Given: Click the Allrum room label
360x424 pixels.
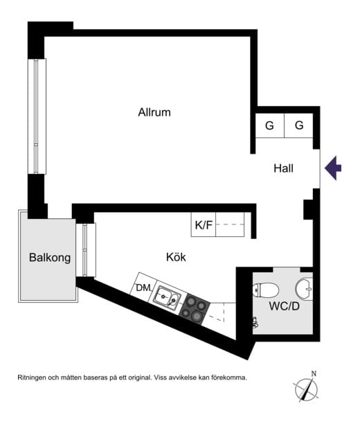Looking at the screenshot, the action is coord(154,112).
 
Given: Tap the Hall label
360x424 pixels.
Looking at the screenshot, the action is coord(283,168).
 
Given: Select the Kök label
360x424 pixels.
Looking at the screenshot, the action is coord(176,257).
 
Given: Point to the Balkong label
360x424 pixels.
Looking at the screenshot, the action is coord(50,258).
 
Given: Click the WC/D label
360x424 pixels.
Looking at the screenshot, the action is coord(284,306).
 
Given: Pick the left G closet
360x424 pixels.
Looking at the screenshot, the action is coord(269,125).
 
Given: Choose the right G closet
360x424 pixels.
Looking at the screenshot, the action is coord(299,125).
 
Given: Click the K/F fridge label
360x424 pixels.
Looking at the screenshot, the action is coord(204,224).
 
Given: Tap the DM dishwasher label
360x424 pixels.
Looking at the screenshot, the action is coord(143,288).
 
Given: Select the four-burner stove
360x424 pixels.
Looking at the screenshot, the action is coord(195,308).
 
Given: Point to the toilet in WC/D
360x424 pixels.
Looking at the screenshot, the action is coord(266,290).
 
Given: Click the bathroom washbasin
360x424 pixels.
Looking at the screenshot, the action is coord(304,288).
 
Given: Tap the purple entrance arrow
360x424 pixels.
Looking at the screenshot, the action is coord(333,168).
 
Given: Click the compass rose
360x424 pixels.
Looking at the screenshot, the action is coord(306,389).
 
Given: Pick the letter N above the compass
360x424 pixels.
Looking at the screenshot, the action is coord(314,373).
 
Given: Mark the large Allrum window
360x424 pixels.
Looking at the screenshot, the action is coord(37,116).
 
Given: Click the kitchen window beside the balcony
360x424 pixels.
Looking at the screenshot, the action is coord(86,250).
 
